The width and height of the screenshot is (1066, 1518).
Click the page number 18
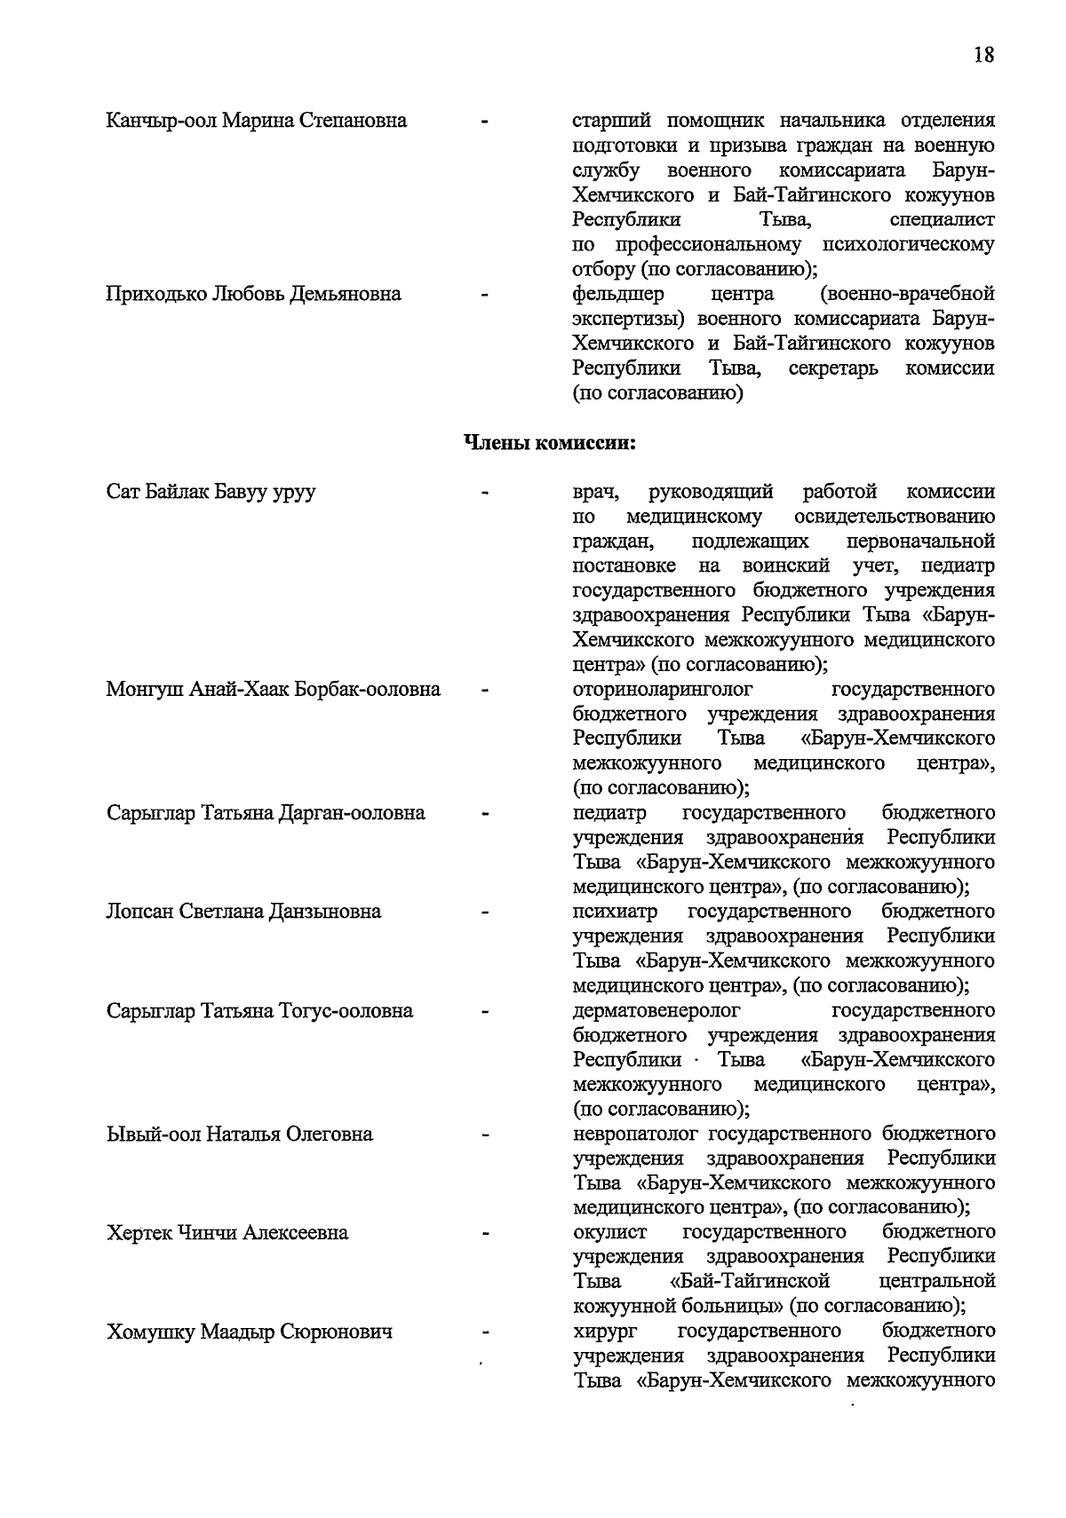982,55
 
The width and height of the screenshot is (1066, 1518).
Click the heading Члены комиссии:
551,442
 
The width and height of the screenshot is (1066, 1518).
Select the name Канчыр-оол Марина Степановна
256,120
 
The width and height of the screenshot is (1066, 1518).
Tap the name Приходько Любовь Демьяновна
253,294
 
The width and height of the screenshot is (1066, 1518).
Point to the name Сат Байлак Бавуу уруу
211,492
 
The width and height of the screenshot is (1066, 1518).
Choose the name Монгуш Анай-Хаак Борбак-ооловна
273,690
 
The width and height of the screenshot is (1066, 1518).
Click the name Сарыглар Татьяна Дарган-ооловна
266,813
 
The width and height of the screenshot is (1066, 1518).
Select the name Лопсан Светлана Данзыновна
243,912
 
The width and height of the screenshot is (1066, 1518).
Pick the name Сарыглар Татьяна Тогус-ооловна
259,1011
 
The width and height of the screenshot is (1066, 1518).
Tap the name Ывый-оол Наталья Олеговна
239,1135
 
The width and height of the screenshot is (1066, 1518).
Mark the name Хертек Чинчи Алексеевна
227,1233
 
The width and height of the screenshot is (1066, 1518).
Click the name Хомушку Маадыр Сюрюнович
250,1332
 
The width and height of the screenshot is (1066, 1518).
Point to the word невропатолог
636,1135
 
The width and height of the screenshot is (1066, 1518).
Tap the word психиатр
616,912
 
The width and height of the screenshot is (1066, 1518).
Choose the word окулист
610,1233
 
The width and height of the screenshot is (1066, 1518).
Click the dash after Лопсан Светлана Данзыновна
485,912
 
